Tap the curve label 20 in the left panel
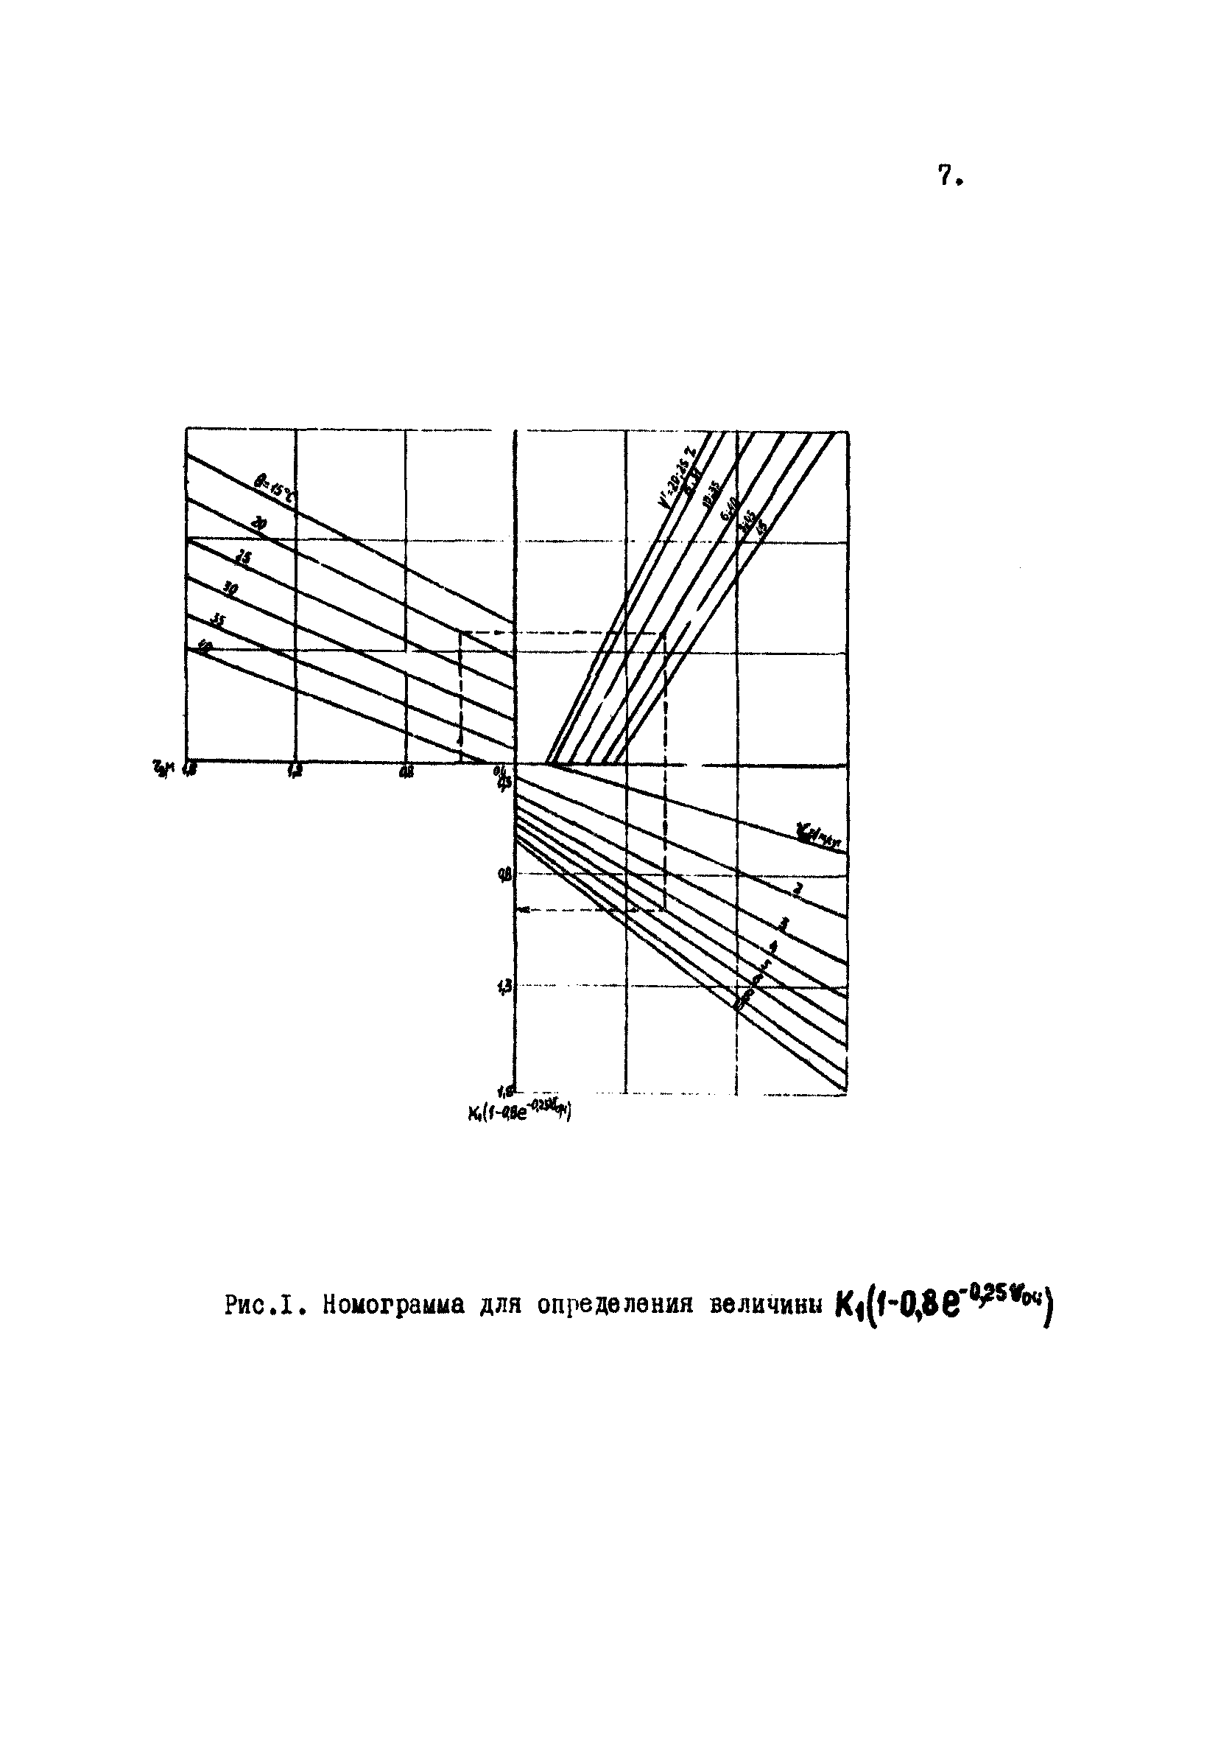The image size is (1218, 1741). (260, 524)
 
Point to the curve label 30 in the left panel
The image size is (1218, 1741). (230, 588)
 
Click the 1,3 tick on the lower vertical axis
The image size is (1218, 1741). (503, 987)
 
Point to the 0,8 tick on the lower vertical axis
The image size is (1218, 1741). (503, 874)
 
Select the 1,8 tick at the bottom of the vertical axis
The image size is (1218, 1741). (503, 1091)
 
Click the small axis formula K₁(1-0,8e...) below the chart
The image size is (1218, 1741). (519, 1113)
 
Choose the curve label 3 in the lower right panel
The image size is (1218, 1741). (784, 921)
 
